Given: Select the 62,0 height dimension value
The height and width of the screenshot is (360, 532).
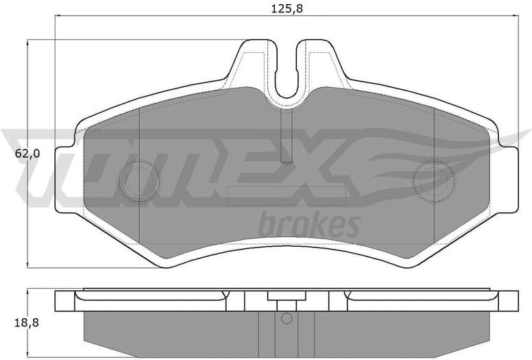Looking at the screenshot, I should [28, 154].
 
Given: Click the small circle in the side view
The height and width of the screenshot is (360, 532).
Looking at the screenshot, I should [287, 318].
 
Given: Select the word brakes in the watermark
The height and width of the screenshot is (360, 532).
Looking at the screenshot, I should [309, 224].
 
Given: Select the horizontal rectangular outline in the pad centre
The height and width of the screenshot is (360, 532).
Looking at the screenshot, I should [287, 195].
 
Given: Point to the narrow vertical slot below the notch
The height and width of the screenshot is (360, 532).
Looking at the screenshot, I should [287, 136].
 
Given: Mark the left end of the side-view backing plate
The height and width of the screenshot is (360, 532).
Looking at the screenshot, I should [64, 301].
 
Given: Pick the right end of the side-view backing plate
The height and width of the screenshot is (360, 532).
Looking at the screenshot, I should [510, 301].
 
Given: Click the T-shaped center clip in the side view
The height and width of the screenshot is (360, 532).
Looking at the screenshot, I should [287, 299].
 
